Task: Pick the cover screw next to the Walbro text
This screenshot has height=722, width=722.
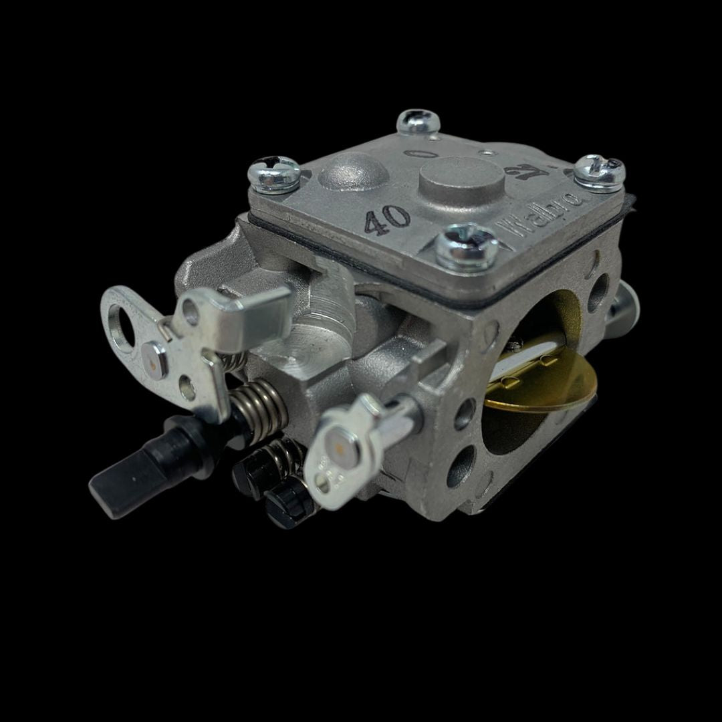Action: tap(467, 245)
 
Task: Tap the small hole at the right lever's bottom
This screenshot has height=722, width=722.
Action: tap(324, 479)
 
